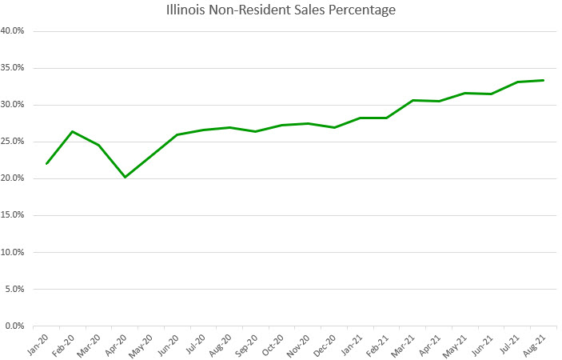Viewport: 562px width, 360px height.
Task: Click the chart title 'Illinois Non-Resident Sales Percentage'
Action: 281,10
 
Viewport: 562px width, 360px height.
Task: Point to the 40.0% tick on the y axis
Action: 14,31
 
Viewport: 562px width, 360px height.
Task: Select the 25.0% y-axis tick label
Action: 14,142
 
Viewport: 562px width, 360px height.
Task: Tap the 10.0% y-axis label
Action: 14,252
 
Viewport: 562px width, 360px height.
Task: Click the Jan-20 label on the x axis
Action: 38,344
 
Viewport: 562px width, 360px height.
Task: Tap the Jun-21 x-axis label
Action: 482,344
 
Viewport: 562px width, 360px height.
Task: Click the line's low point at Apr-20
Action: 126,177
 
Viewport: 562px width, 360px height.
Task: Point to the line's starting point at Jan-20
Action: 47,164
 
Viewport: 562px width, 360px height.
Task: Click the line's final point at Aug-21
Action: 544,80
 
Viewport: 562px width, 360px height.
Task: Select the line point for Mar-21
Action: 413,100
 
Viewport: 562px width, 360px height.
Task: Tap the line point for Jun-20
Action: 177,134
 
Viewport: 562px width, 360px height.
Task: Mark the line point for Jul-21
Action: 517,82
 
